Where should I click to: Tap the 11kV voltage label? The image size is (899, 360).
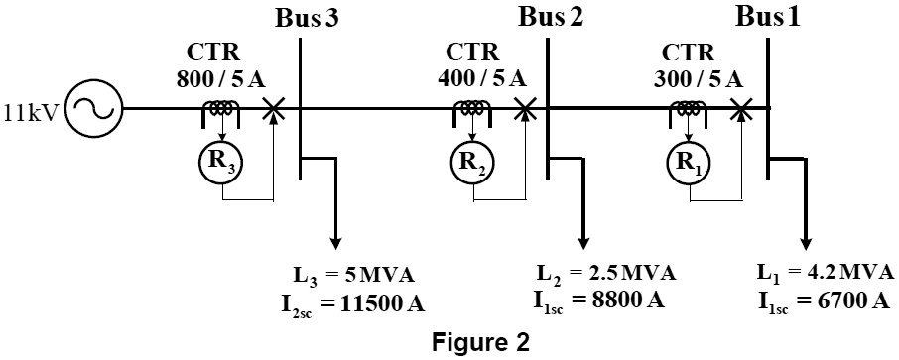(x=33, y=110)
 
